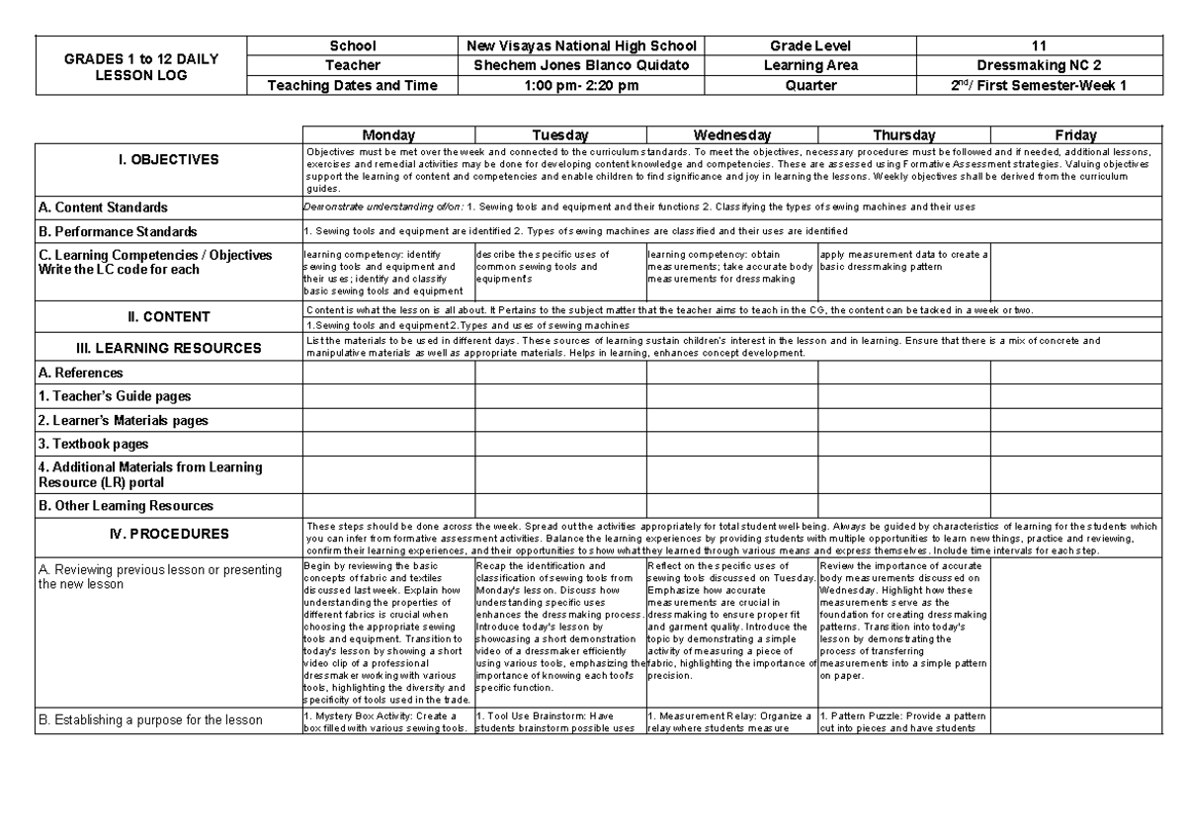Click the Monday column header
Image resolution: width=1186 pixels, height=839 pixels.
(x=388, y=134)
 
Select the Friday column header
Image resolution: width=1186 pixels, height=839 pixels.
(x=1074, y=134)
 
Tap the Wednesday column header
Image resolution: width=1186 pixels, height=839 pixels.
(x=732, y=134)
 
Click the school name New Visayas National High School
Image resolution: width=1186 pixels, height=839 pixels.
(x=581, y=45)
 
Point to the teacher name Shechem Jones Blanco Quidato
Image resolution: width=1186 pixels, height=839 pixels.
(x=581, y=65)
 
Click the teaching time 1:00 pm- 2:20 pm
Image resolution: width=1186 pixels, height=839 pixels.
(x=581, y=85)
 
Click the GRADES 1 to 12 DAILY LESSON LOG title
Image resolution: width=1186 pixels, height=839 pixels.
(x=140, y=65)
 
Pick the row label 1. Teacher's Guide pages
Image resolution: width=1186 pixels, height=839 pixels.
(x=114, y=396)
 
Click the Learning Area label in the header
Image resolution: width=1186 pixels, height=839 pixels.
(x=810, y=65)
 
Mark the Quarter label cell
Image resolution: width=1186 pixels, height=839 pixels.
(x=810, y=85)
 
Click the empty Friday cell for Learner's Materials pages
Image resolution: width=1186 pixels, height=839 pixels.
(x=1074, y=420)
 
